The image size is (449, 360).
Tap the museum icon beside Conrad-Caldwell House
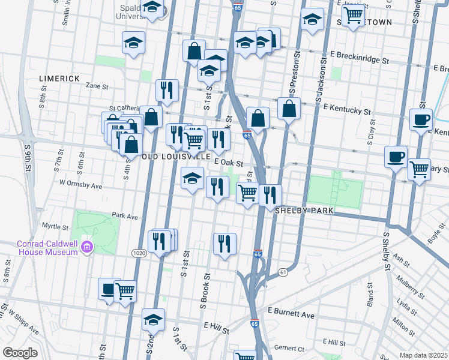pos(87,247)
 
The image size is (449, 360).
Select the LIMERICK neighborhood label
pos(59,79)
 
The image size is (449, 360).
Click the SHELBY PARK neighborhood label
pos(300,211)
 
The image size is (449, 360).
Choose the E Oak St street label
pos(229,163)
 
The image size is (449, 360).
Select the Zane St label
pos(96,86)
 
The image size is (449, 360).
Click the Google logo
pos(20,353)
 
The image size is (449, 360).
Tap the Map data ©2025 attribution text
pos(423,355)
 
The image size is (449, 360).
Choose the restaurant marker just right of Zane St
pos(167,89)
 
